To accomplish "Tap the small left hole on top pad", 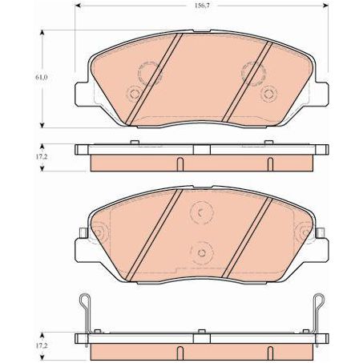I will pos(132,92).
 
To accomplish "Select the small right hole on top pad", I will pos(268,93).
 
